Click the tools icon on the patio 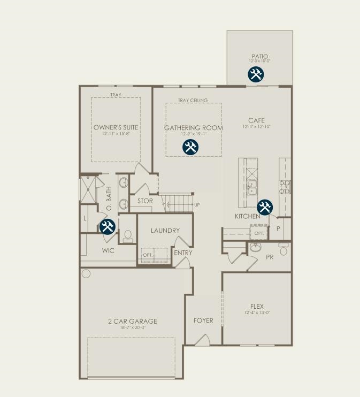pyautogui.click(x=256, y=74)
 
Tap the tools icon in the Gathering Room pyautogui.click(x=190, y=147)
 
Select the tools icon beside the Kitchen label pyautogui.click(x=265, y=207)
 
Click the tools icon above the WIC pyautogui.click(x=108, y=226)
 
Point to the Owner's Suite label pyautogui.click(x=116, y=127)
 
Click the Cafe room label pyautogui.click(x=256, y=120)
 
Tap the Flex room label pyautogui.click(x=257, y=306)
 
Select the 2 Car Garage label pyautogui.click(x=132, y=321)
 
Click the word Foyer pyautogui.click(x=203, y=320)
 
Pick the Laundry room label pyautogui.click(x=165, y=231)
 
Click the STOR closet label pyautogui.click(x=145, y=201)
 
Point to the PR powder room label pyautogui.click(x=270, y=257)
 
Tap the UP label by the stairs pyautogui.click(x=197, y=205)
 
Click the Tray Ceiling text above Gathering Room pyautogui.click(x=193, y=100)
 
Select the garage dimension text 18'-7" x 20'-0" pyautogui.click(x=132, y=327)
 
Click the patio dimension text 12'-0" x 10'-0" pyautogui.click(x=259, y=62)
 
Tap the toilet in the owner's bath pyautogui.click(x=128, y=236)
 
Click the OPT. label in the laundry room pyautogui.click(x=148, y=255)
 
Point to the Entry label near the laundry pyautogui.click(x=183, y=253)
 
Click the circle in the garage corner pyautogui.click(x=86, y=273)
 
